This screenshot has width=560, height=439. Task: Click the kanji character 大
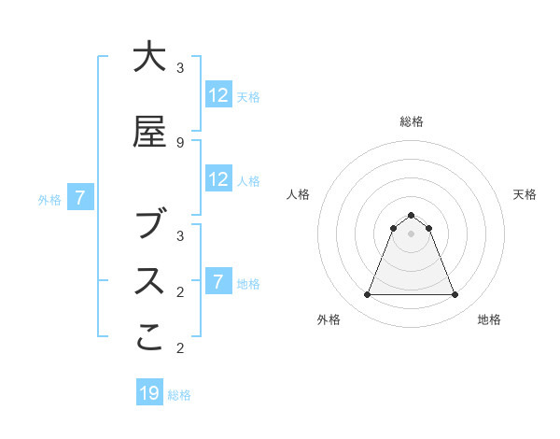(x=149, y=58)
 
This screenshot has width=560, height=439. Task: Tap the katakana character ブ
(x=149, y=224)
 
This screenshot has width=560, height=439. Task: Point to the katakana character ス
(x=149, y=281)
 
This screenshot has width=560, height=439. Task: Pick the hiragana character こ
(x=149, y=338)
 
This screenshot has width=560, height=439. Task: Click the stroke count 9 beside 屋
(x=180, y=142)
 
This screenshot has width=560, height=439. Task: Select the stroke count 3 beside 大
(x=180, y=67)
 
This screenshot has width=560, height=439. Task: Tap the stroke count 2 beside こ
(x=180, y=347)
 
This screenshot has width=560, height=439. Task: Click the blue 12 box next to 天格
(x=218, y=95)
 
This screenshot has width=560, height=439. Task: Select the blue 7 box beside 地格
(x=218, y=282)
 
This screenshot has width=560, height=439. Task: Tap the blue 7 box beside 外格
(x=80, y=198)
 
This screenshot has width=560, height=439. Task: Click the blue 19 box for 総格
(x=149, y=393)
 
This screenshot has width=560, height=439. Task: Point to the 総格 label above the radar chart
(x=412, y=121)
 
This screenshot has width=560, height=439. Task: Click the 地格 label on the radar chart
(x=489, y=319)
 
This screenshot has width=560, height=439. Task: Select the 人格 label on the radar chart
(x=298, y=194)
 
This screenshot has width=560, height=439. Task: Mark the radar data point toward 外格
(x=367, y=295)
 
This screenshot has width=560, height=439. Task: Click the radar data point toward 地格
(x=455, y=295)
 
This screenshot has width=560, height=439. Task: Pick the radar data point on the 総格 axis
(x=411, y=215)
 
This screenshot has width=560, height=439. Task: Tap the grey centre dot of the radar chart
(x=411, y=234)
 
